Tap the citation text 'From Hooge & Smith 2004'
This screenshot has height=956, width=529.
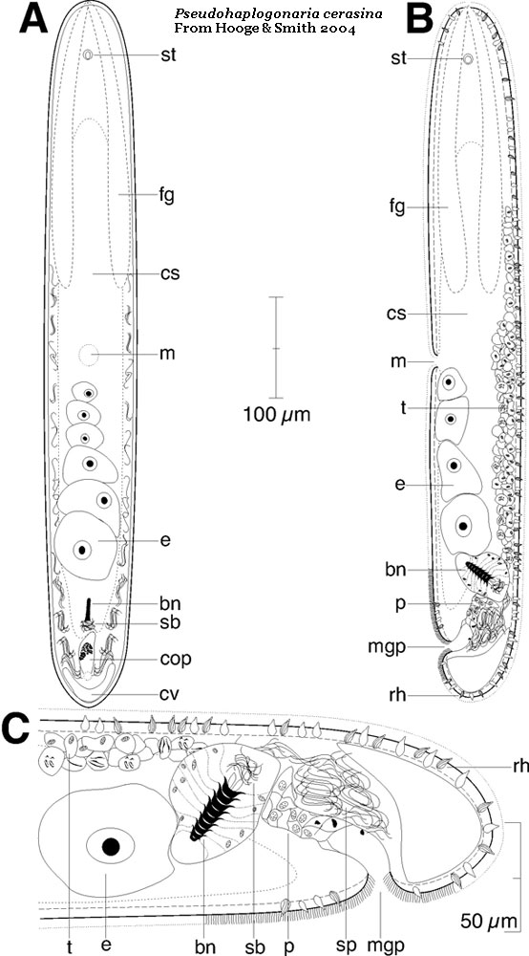[x=264, y=29]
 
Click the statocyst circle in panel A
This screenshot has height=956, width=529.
[x=89, y=54]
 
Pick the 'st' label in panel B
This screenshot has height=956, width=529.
[x=399, y=58]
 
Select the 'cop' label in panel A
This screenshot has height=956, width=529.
[x=179, y=661]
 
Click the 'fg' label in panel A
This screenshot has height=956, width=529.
[x=167, y=196]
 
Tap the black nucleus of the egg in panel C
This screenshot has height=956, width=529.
[x=110, y=846]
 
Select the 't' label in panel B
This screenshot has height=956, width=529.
[x=403, y=408]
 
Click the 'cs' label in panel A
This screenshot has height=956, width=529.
[x=171, y=273]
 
